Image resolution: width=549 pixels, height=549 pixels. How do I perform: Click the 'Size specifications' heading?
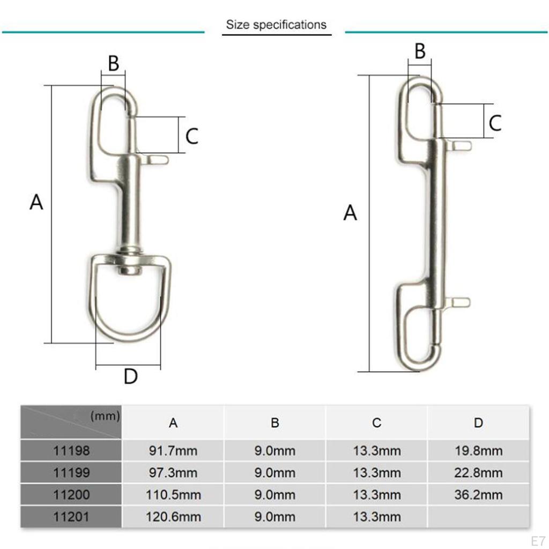coord(276,25)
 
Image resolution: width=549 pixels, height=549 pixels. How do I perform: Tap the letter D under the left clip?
coord(131,376)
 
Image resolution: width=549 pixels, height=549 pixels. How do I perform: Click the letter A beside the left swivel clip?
coord(36,203)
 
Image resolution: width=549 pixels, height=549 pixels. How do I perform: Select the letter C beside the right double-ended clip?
coord(495,123)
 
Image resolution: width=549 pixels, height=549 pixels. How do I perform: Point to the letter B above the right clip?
coord(420,51)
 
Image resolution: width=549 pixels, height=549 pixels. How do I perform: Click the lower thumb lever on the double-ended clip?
coord(459,302)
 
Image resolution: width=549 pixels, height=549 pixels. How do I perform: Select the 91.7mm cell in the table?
coord(173,451)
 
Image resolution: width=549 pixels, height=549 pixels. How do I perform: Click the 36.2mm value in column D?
coord(478,495)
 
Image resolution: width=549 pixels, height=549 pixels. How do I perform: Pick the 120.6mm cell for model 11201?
coord(173,517)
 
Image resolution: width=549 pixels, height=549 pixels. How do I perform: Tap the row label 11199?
coord(71,473)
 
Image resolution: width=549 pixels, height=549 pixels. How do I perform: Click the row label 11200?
coord(71,495)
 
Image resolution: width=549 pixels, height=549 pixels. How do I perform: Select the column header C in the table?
coord(376,423)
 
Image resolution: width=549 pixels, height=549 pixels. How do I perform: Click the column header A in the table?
coord(173,423)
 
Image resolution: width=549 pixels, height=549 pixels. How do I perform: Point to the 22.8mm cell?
coord(478,473)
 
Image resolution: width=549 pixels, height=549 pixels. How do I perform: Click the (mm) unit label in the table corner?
coord(105,416)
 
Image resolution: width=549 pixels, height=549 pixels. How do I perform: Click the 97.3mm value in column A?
coord(173,473)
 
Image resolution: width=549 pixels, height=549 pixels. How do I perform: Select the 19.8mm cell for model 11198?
coord(478,451)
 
